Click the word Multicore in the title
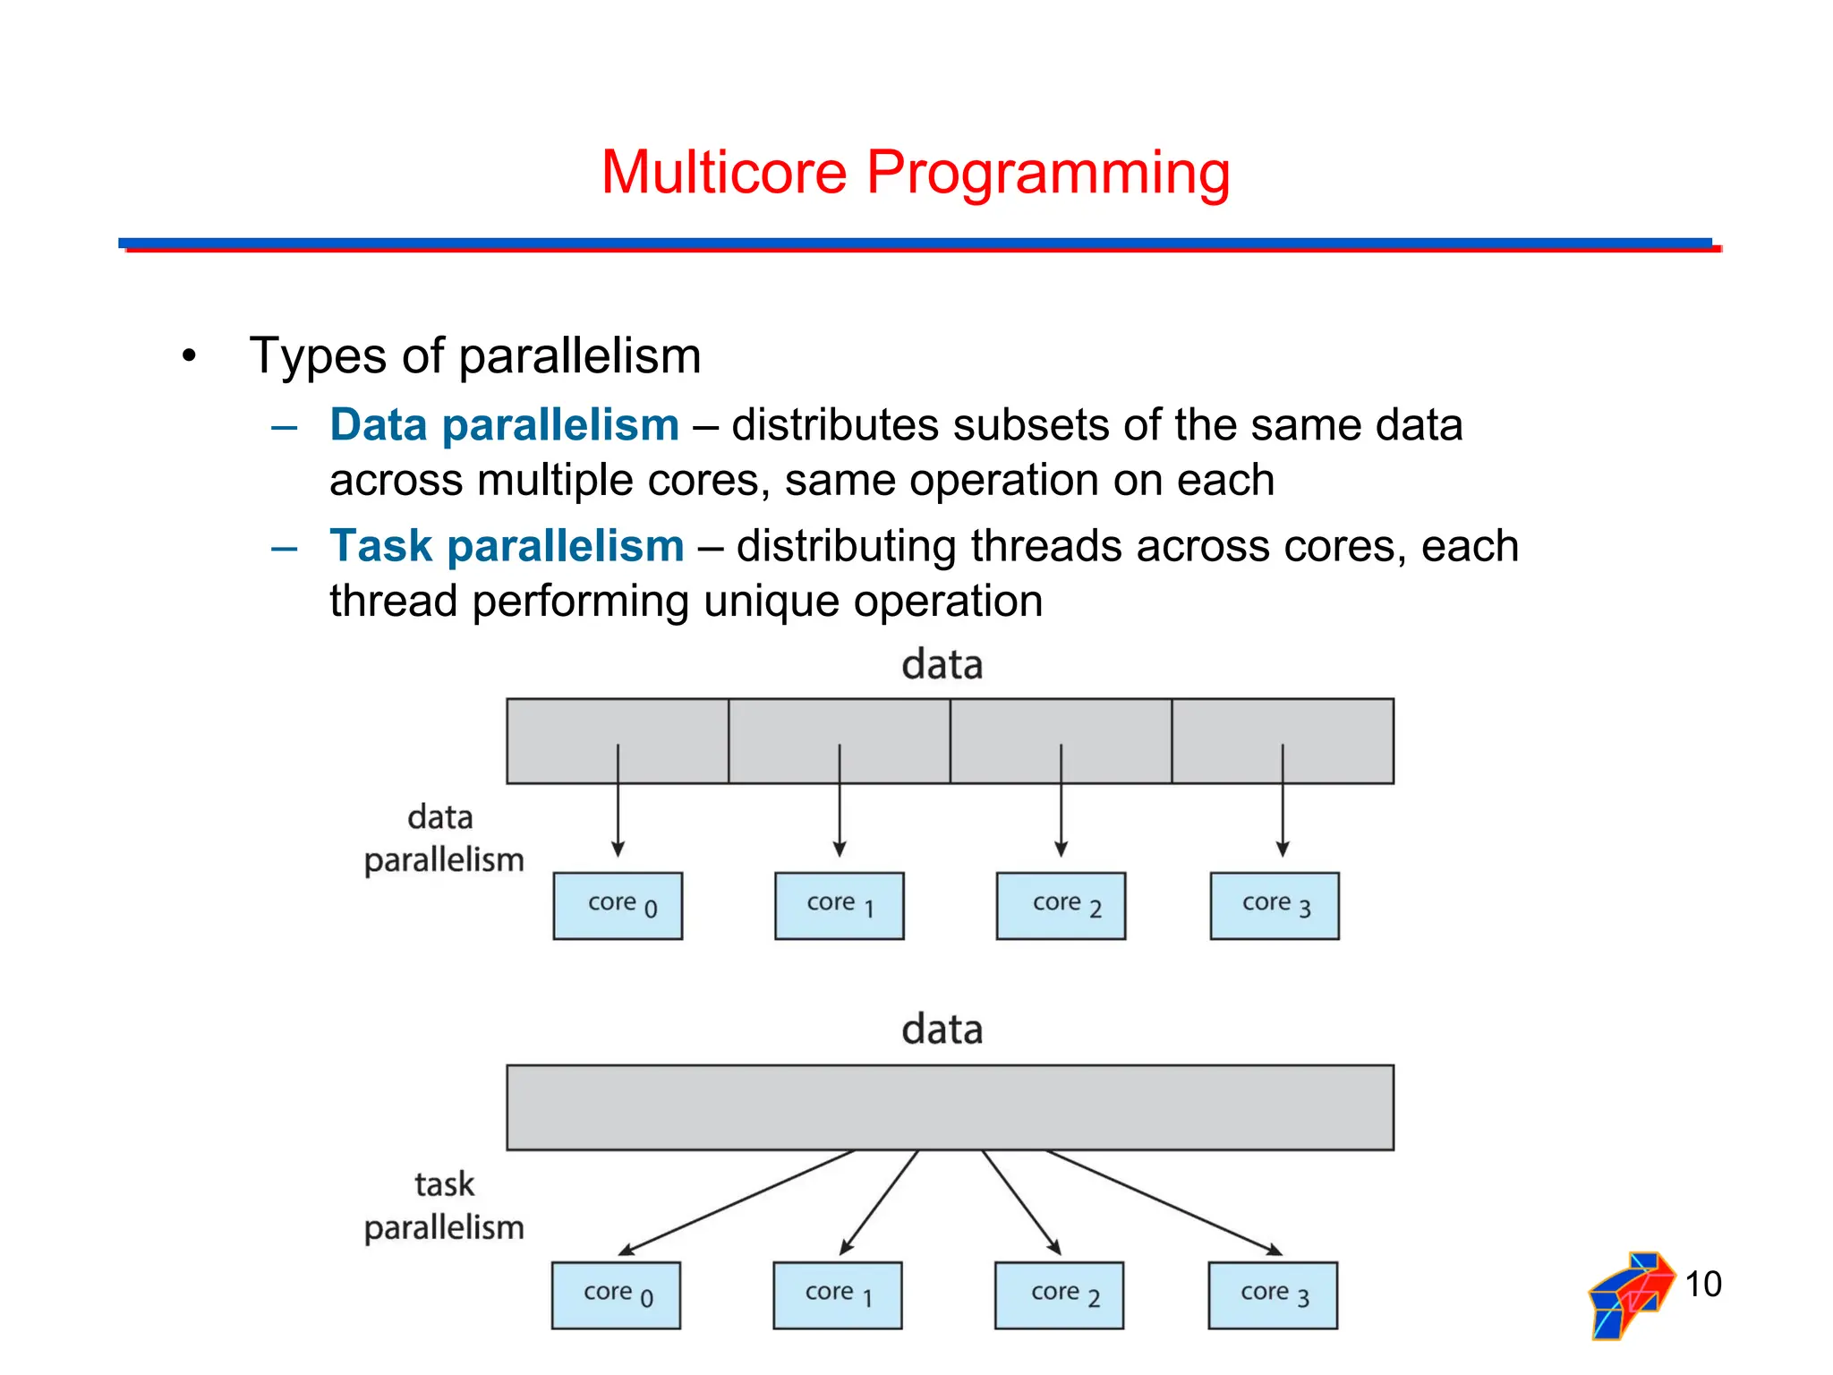(723, 172)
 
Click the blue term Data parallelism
(504, 425)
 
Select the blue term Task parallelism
(507, 546)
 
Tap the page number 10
(1702, 1285)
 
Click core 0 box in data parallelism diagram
(618, 906)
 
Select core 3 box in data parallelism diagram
(1275, 906)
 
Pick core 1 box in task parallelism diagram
(838, 1295)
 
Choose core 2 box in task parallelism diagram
(1059, 1295)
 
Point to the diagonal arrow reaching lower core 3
(1164, 1202)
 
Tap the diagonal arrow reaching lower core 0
(736, 1202)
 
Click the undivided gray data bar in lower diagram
(950, 1107)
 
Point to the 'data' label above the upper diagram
(942, 665)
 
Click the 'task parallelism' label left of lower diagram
(444, 1206)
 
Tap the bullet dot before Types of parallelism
(188, 356)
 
